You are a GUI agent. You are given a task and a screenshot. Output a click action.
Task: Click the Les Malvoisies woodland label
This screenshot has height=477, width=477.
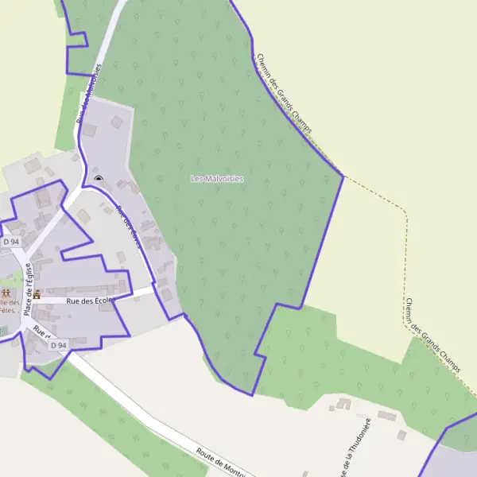[x=217, y=179]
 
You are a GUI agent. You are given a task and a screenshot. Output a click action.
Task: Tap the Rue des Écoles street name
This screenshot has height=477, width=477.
[x=88, y=301]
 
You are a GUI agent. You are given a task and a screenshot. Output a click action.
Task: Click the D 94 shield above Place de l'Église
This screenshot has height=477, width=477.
[x=11, y=242]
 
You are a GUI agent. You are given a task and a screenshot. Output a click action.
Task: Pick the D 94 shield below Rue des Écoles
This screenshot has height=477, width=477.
[x=58, y=345]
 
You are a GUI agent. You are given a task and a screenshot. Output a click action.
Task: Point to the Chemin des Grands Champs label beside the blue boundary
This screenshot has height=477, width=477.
[x=284, y=93]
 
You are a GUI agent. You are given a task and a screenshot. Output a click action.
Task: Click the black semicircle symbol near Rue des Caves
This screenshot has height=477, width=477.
[x=99, y=179]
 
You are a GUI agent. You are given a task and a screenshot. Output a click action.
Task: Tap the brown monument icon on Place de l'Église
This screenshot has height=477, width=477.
[x=37, y=294]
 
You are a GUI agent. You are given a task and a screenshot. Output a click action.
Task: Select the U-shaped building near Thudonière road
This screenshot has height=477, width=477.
[x=343, y=405]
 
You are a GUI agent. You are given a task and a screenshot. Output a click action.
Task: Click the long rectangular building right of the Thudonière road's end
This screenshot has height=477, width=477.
[x=386, y=416]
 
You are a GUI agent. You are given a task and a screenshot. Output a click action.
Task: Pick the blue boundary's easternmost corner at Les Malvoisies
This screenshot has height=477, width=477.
[x=343, y=176]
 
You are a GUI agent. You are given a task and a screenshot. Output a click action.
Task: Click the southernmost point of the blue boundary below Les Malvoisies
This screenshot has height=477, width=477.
[x=252, y=394]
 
